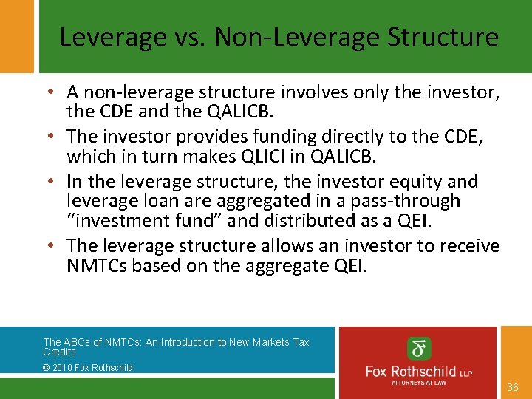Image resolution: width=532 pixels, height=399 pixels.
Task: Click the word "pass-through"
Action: tap(418, 201)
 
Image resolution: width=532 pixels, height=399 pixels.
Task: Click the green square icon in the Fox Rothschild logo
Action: tap(420, 348)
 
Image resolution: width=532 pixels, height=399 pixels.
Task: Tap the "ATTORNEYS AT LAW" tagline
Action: tap(419, 382)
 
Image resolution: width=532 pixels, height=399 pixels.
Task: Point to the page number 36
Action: tap(514, 387)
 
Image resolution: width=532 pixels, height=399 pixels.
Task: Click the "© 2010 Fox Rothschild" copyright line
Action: tap(88, 367)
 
